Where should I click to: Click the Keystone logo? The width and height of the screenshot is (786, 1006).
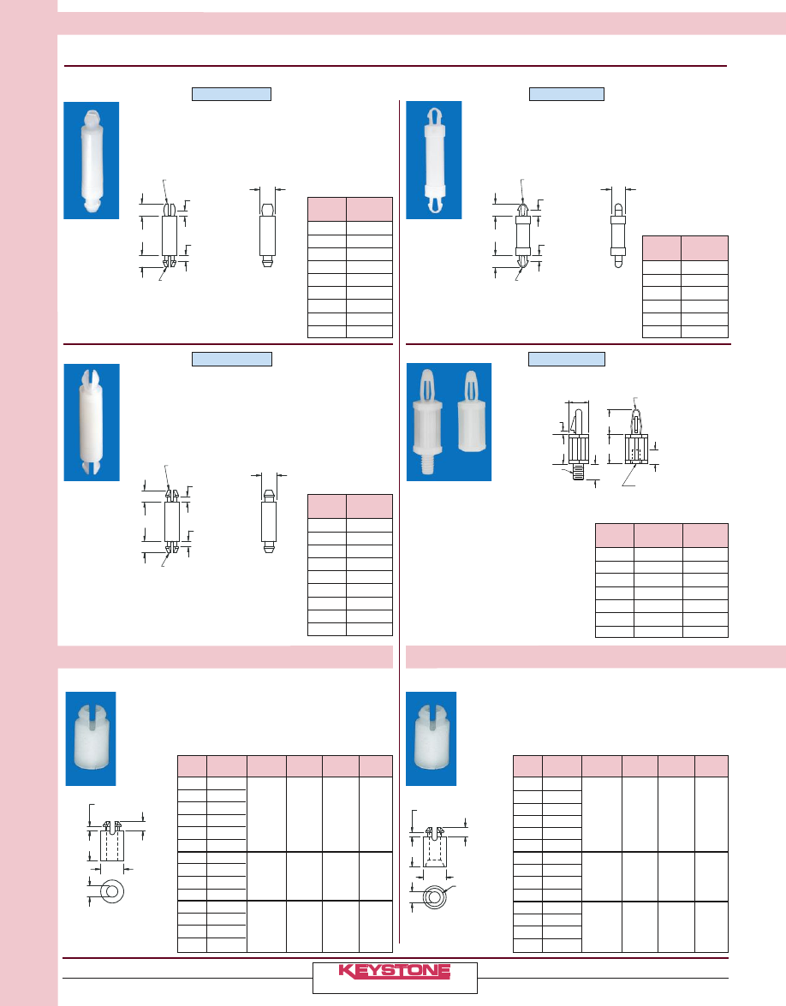(x=395, y=971)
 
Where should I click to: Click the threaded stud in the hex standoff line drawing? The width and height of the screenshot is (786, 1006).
(x=578, y=473)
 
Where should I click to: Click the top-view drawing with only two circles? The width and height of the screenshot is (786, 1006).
(x=112, y=891)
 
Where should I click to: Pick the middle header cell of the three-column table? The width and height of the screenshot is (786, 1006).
(x=658, y=535)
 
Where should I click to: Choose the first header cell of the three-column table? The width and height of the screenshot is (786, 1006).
(x=615, y=535)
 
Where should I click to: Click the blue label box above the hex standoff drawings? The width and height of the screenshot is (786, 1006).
(x=567, y=360)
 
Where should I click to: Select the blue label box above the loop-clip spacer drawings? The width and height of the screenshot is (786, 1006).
(x=567, y=94)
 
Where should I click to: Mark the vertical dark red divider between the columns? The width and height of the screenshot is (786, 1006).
(x=399, y=521)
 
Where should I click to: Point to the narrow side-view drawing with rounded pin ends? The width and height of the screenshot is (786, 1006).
(x=618, y=235)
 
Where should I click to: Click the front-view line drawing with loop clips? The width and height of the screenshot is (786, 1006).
(x=523, y=235)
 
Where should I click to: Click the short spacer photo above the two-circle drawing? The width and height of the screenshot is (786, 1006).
(x=91, y=738)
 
